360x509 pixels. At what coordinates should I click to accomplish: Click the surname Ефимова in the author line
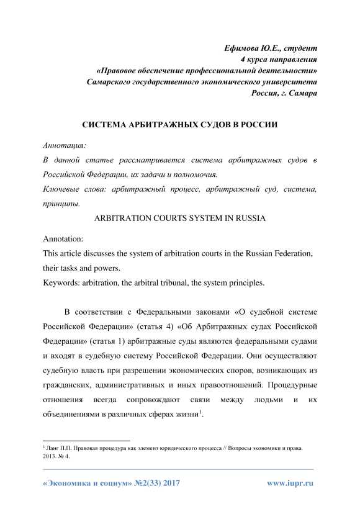[245, 48]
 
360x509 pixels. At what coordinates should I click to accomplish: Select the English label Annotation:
[62, 240]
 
